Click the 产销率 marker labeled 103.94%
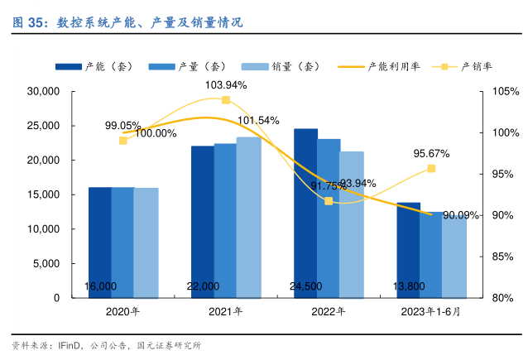point(225,100)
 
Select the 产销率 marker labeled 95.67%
point(431,169)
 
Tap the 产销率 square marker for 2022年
point(329,201)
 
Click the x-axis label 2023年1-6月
point(430,312)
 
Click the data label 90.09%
point(461,216)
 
